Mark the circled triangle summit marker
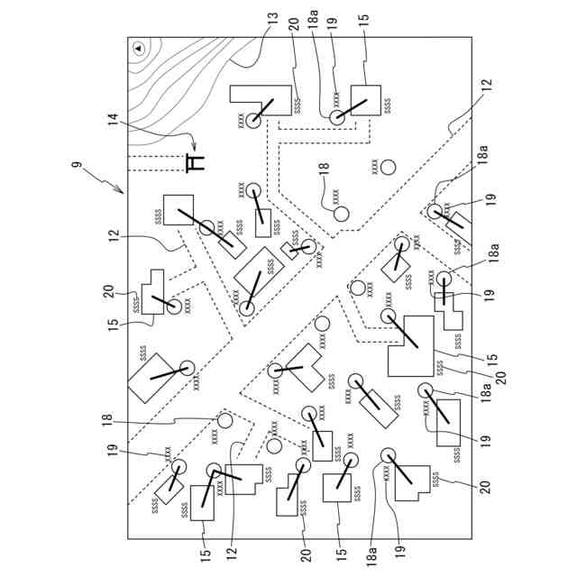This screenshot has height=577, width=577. (x=140, y=46)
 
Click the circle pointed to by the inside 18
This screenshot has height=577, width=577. (x=341, y=215)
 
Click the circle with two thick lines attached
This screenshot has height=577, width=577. (x=214, y=470)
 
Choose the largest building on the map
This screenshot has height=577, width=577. (x=411, y=345)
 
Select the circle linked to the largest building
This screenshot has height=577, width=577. (x=389, y=316)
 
